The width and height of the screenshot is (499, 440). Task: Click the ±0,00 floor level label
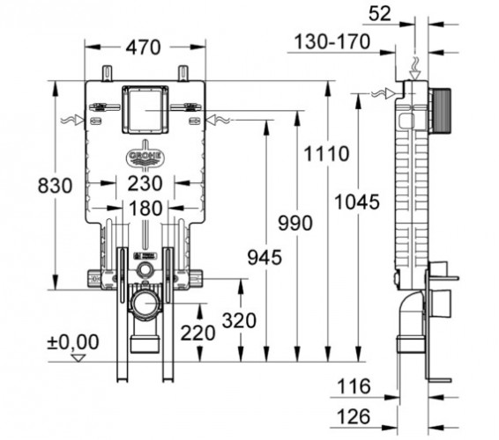point(74,341)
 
